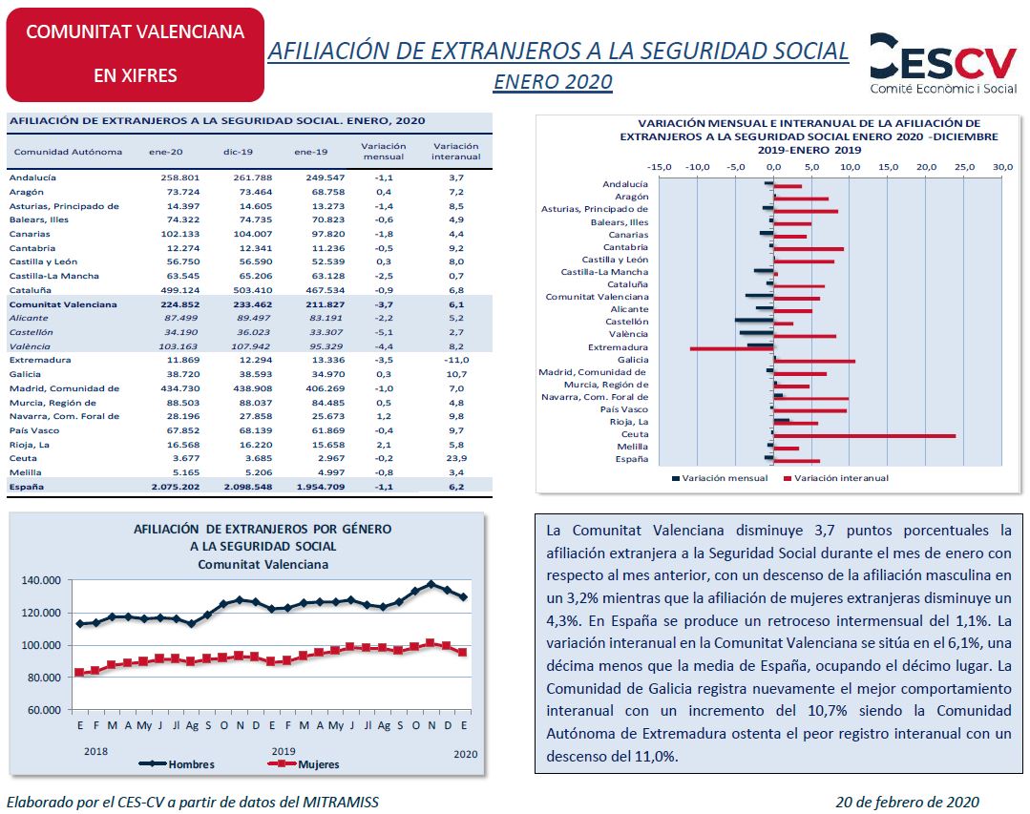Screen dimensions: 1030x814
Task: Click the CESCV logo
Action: pos(943,63)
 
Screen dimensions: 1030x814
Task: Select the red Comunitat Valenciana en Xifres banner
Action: pos(136,54)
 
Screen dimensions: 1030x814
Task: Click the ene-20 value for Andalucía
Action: pos(180,177)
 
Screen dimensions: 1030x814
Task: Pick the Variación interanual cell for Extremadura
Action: pos(456,360)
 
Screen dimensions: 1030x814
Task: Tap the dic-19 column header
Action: pos(238,152)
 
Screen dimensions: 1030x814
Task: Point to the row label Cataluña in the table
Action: pos(31,290)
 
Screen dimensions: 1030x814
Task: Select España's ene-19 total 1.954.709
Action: pos(321,487)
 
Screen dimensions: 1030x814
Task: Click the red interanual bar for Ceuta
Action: pos(865,436)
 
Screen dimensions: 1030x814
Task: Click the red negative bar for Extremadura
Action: pos(732,348)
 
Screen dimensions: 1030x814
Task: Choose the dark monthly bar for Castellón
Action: pos(754,320)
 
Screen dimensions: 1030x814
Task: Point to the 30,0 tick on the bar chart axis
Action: pos(1002,167)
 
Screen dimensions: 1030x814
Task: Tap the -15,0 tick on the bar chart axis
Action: pos(659,167)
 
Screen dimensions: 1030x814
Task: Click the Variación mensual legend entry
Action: pos(720,478)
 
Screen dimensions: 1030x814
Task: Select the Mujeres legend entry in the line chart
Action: pos(305,764)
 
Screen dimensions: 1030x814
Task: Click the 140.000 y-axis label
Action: pos(41,580)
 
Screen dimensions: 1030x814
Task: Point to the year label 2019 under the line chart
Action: pos(284,751)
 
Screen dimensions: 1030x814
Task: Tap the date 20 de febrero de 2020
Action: pos(907,802)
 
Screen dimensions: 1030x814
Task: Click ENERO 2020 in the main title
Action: pos(553,81)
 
